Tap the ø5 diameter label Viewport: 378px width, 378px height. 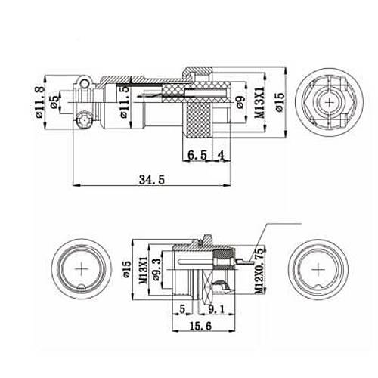click(54, 104)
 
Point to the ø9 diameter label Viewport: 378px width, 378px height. click(240, 104)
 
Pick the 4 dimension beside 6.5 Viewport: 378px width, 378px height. click(220, 155)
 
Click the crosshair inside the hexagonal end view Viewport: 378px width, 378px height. click(329, 104)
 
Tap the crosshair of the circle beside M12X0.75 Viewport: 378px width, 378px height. click(324, 270)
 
